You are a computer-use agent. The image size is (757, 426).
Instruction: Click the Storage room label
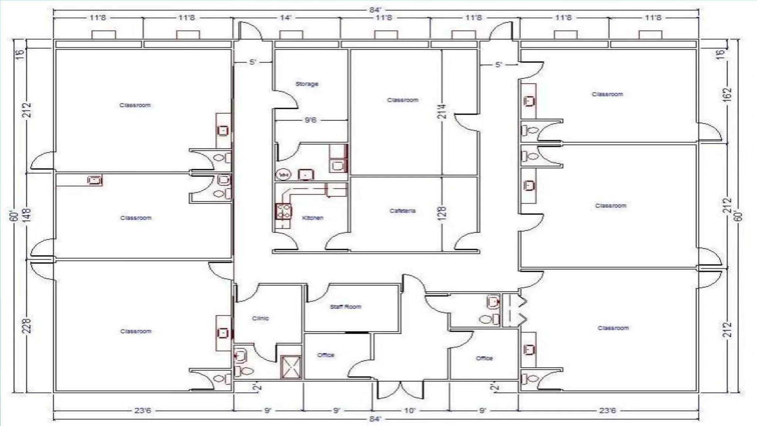tap(307, 84)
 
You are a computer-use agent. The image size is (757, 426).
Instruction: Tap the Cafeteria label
tap(402, 211)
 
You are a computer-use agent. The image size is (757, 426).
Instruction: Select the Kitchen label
tap(313, 218)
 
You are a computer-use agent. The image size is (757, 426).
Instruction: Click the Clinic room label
tap(260, 318)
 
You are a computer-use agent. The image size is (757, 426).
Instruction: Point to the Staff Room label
tap(345, 307)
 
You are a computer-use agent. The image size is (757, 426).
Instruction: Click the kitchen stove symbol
tap(283, 212)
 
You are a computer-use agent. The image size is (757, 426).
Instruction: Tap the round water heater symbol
tap(284, 175)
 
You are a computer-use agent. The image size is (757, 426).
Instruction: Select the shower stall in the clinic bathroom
tap(291, 367)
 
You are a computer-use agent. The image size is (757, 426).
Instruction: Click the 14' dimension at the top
tap(286, 17)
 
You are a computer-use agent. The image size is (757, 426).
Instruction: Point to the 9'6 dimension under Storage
tap(310, 120)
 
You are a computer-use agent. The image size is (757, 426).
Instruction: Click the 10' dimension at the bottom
tap(410, 410)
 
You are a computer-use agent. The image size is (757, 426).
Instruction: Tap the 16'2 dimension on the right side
tap(727, 95)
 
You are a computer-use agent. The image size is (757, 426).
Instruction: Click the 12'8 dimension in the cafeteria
tap(442, 213)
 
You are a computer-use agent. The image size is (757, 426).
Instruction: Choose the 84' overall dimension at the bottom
tap(375, 419)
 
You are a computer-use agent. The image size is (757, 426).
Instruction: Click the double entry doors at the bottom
tap(400, 390)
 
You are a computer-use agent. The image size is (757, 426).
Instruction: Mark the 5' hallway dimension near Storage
tap(252, 62)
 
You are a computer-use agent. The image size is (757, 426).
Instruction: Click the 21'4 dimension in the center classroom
tap(442, 111)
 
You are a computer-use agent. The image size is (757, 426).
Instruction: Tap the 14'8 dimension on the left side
tap(27, 215)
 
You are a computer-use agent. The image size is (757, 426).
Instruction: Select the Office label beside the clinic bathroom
tap(326, 355)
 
